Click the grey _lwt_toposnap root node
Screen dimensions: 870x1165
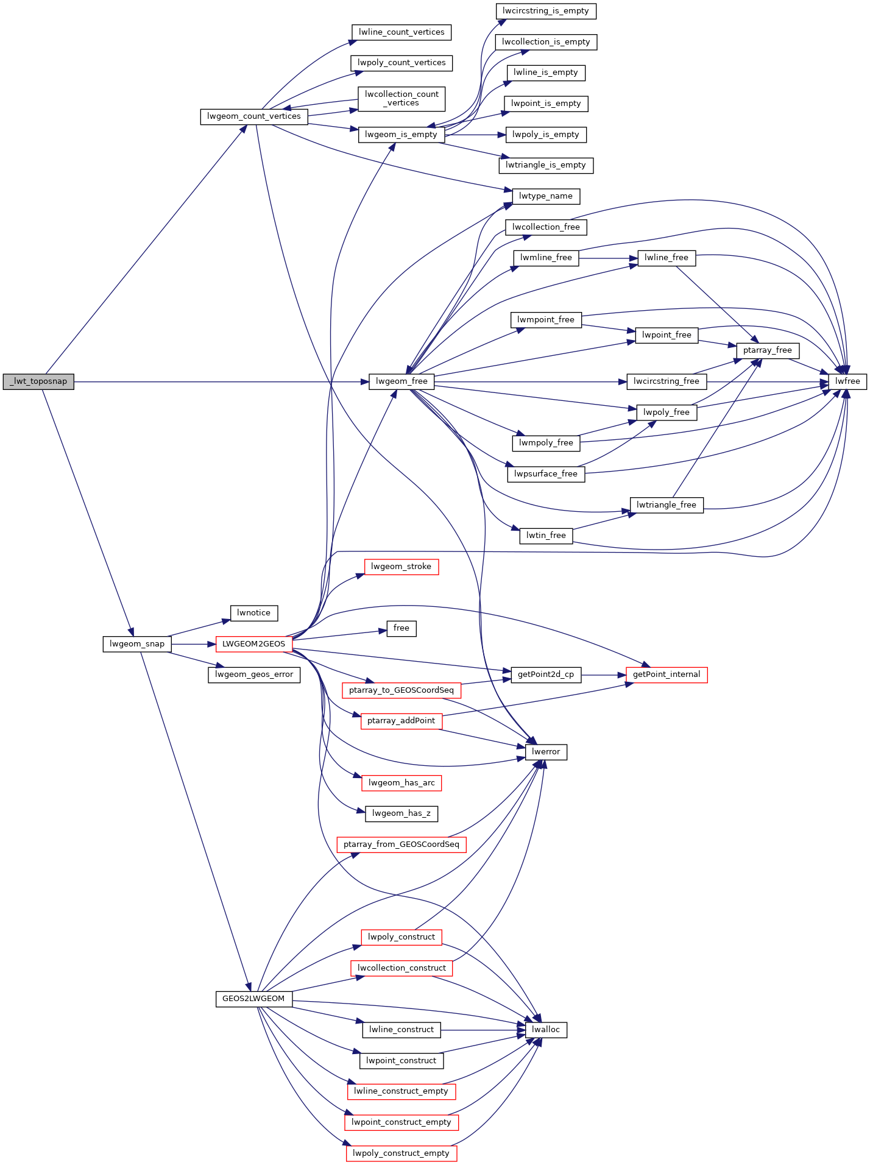point(38,381)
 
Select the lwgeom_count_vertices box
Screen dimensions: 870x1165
point(254,116)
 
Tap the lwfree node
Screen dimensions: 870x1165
point(847,381)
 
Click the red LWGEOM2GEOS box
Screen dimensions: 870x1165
point(254,644)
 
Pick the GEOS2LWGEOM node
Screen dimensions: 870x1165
point(253,999)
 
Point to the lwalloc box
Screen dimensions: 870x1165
point(546,1030)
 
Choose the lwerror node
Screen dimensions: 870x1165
point(546,752)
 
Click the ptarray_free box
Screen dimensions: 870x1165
point(768,350)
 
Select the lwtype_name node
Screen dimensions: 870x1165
point(546,196)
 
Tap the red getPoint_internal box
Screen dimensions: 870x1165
point(667,675)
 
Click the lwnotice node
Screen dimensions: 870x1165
point(254,613)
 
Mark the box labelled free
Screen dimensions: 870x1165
point(401,628)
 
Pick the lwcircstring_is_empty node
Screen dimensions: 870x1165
point(546,11)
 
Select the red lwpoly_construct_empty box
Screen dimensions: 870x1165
point(401,1153)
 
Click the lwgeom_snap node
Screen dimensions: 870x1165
point(137,644)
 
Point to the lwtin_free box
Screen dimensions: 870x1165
point(546,536)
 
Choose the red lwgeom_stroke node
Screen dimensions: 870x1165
point(401,567)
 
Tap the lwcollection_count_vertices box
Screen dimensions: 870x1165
point(401,99)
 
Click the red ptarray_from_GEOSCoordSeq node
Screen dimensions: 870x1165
point(401,845)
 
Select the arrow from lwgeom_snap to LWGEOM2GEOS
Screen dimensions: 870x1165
point(193,644)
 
